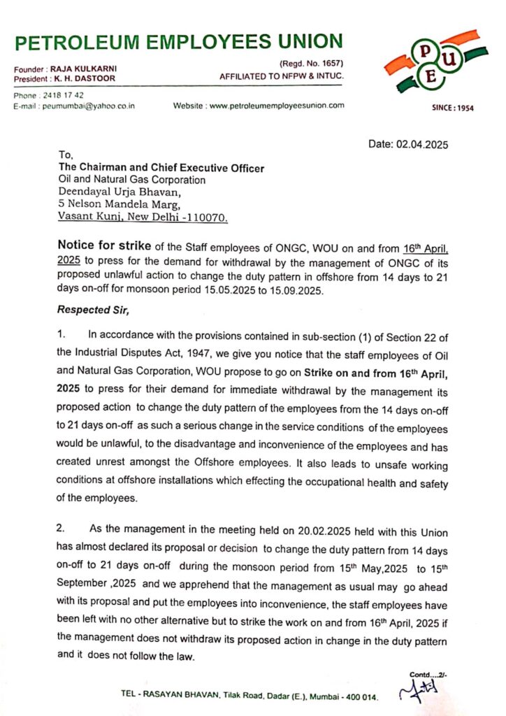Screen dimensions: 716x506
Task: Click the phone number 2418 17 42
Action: coord(65,95)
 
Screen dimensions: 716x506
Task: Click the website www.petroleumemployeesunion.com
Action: coord(277,106)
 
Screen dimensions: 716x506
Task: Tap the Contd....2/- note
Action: coord(427,675)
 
